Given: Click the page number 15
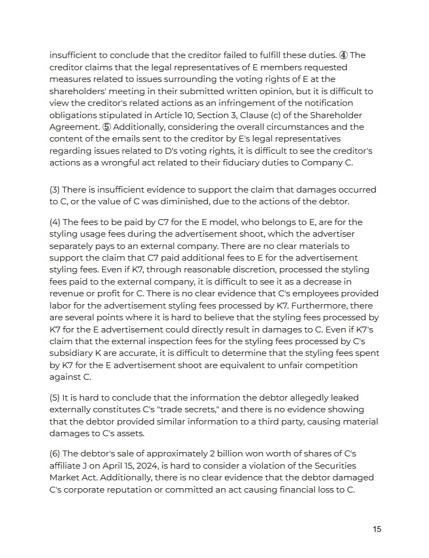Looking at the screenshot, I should tap(377, 529).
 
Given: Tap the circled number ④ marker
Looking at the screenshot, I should tap(343, 55).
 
